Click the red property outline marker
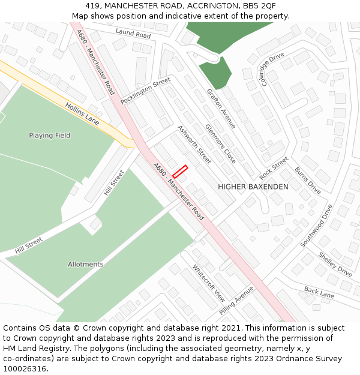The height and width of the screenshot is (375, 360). tap(180, 171)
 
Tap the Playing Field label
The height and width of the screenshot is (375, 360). tap(50, 136)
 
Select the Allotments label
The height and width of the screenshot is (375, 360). tap(85, 264)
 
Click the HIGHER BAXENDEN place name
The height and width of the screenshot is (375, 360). tap(253, 187)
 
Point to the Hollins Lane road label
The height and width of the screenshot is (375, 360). tap(82, 112)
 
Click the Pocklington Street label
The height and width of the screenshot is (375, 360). tap(145, 91)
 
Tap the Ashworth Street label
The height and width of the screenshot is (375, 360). tap(194, 145)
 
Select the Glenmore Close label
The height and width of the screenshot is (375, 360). tap(220, 144)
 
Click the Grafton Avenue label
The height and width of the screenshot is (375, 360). tap(221, 109)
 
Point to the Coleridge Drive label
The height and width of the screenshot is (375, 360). tap(271, 69)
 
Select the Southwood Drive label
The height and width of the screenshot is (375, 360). tap(316, 226)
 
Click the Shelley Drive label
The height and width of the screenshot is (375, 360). tap(335, 264)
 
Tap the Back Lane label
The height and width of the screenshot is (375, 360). tap(319, 293)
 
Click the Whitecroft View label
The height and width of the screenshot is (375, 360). tap(208, 283)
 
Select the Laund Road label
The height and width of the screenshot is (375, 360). tap(133, 34)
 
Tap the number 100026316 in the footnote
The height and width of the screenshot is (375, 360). tap(25, 368)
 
